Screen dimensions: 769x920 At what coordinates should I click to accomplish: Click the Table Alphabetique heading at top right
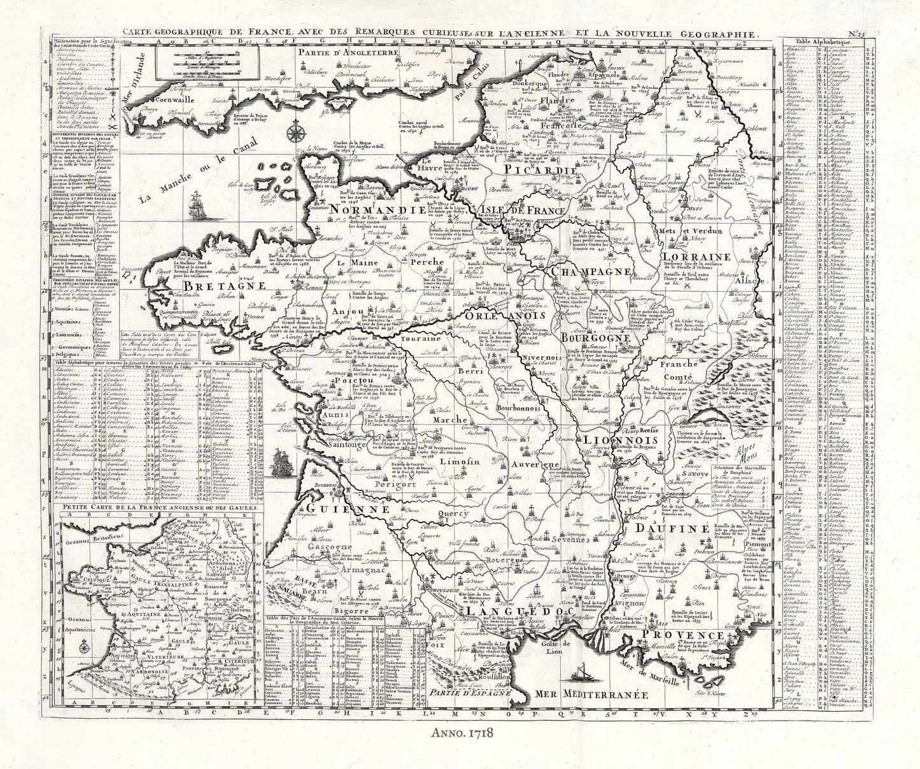click(x=820, y=46)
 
